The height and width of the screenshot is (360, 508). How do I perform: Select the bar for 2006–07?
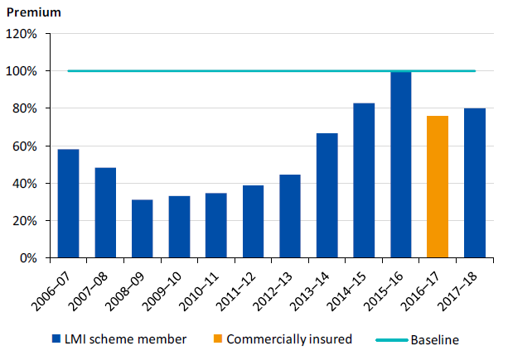[x=68, y=204]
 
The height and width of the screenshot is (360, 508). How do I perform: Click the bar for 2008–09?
[x=142, y=228]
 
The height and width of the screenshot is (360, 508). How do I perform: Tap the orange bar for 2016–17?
[x=438, y=187]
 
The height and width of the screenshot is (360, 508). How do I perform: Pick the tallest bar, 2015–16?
[x=400, y=165]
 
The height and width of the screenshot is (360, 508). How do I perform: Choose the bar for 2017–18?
[x=474, y=183]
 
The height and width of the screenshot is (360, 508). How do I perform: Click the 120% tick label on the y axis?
[x=22, y=34]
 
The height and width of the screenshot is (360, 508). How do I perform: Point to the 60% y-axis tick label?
[x=25, y=146]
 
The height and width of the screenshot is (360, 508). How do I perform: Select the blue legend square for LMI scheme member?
[x=56, y=338]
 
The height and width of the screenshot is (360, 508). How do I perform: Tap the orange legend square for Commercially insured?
[x=218, y=338]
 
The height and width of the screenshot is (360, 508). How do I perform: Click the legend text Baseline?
[x=434, y=339]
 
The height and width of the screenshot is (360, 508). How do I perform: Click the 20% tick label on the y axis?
[x=25, y=221]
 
